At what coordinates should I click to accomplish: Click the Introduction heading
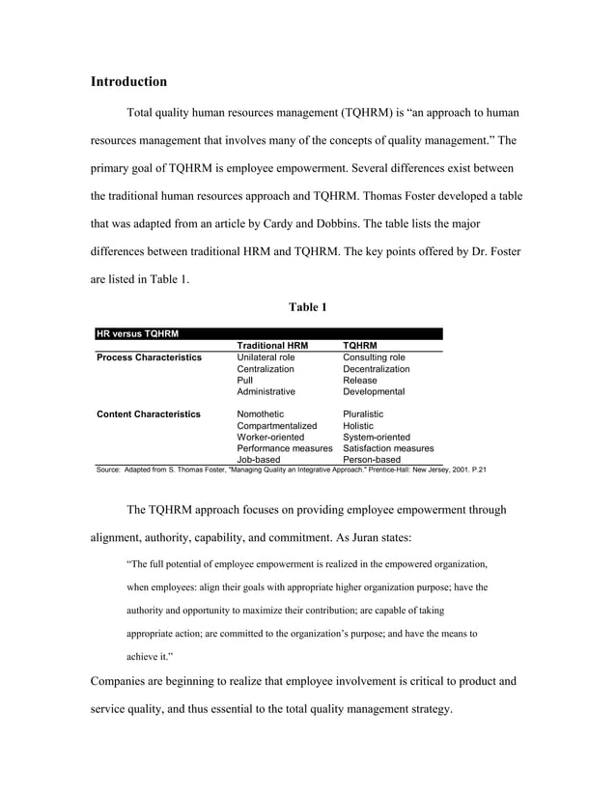128,81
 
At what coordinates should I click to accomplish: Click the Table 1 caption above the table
308,307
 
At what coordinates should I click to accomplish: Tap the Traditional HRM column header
273,345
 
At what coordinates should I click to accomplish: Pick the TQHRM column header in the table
360,345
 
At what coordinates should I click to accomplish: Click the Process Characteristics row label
150,357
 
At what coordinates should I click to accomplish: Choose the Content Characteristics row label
150,413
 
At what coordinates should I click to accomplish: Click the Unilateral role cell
266,357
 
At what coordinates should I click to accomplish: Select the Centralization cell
266,369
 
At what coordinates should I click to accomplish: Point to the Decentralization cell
377,369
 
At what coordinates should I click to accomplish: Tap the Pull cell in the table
245,381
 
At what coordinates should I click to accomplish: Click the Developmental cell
374,392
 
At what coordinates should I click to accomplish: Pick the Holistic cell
358,425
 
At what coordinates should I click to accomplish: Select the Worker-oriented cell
270,437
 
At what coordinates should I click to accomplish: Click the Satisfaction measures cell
388,448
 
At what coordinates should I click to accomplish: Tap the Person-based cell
372,460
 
